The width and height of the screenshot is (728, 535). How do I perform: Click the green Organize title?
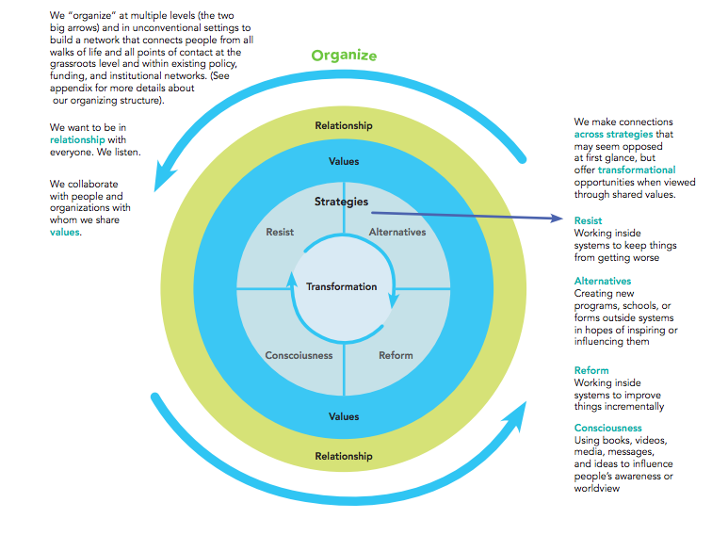click(344, 56)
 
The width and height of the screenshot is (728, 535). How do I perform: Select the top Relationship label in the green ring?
click(344, 125)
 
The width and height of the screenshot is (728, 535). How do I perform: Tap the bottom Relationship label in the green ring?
click(344, 456)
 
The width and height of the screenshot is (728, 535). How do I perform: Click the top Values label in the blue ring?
click(344, 161)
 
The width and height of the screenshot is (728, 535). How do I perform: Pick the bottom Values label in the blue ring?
click(344, 416)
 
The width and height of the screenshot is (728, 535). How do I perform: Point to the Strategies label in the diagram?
click(341, 202)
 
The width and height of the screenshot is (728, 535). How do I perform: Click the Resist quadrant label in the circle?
click(280, 232)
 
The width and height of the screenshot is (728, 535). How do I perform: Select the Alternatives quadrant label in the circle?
click(396, 232)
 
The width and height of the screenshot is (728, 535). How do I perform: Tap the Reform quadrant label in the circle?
click(396, 355)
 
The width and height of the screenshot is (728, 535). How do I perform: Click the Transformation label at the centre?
click(341, 286)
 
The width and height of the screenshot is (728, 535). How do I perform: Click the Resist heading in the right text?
click(588, 220)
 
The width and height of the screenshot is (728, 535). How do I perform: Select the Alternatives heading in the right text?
click(603, 281)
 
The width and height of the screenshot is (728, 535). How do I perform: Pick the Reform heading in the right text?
click(591, 370)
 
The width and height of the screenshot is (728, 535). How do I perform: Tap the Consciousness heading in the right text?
click(607, 429)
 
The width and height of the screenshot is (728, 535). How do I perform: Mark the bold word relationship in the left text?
click(77, 138)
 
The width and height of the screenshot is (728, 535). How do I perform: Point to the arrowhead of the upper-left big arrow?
click(161, 175)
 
